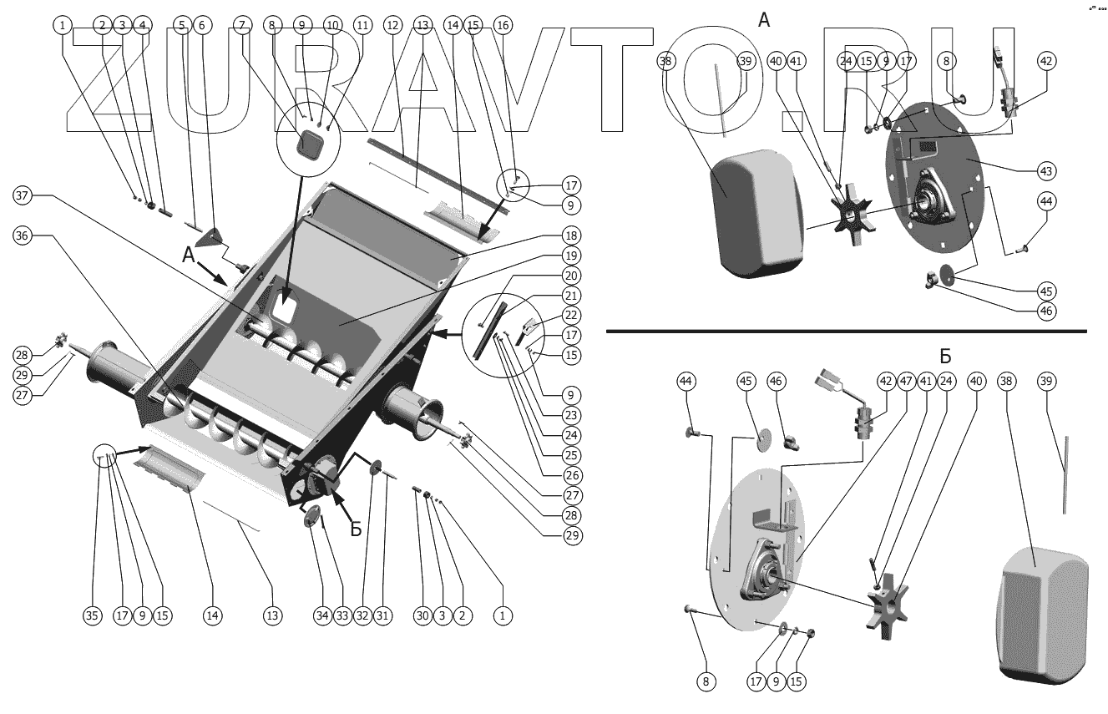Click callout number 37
(23, 195)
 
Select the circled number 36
(23, 236)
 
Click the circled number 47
(906, 381)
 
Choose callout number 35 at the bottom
(93, 616)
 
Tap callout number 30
(422, 616)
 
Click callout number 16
(503, 26)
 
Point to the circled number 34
(322, 616)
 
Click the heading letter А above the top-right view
(764, 20)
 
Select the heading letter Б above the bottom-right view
(945, 357)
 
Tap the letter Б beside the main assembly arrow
(356, 529)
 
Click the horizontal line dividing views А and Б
(846, 332)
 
